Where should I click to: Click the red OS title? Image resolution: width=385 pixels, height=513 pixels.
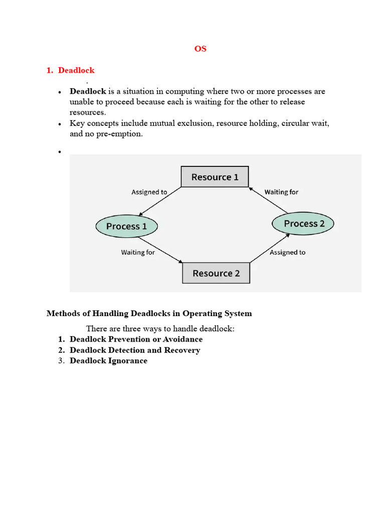pos(200,49)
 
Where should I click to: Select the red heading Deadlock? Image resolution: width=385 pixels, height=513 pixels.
pos(76,70)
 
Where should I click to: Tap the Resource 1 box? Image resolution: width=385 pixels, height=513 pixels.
pos(215,177)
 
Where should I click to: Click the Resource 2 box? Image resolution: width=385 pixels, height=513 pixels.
pos(216,273)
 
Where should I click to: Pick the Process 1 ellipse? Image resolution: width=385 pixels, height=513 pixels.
pos(126,226)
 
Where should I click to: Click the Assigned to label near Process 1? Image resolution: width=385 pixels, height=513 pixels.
pos(149,192)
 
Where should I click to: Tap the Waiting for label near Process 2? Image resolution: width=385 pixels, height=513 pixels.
pos(281,192)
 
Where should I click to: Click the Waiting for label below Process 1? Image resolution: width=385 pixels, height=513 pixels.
pos(138,252)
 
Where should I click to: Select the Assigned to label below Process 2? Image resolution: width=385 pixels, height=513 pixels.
pos(287,252)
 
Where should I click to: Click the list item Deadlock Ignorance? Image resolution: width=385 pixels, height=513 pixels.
pos(108,361)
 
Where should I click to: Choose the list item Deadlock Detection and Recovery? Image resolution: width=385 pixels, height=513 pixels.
pos(135,350)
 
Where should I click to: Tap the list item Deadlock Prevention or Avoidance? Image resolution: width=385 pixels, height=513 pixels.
pos(136,339)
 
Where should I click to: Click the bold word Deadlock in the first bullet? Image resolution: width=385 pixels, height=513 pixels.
pos(88,91)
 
